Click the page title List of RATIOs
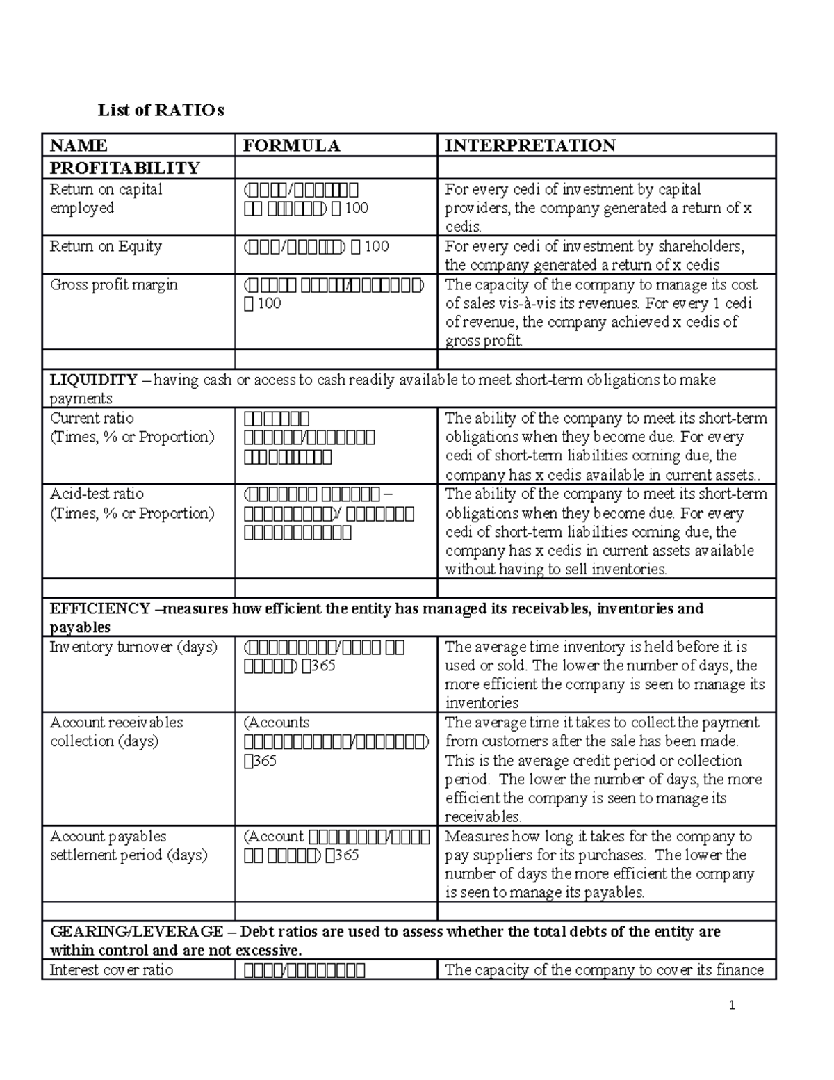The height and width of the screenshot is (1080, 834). [x=161, y=111]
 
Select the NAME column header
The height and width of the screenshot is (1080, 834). [x=79, y=145]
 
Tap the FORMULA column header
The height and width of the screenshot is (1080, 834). [x=291, y=145]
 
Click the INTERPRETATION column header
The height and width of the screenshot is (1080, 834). [x=530, y=145]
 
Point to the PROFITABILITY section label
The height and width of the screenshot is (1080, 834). [x=124, y=168]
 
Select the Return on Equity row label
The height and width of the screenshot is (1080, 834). [x=106, y=247]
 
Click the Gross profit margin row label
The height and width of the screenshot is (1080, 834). [x=113, y=285]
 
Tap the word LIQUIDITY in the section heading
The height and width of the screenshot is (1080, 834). [x=93, y=380]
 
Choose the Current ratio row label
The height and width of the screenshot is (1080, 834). [x=92, y=419]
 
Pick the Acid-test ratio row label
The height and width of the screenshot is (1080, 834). [x=97, y=494]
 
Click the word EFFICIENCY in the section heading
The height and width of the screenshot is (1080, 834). [x=99, y=608]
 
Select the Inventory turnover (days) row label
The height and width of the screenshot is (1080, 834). [x=133, y=647]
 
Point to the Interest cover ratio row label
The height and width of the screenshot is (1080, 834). [x=111, y=970]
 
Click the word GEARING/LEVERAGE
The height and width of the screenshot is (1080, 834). [x=136, y=932]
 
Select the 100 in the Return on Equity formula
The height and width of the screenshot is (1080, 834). [x=377, y=247]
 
